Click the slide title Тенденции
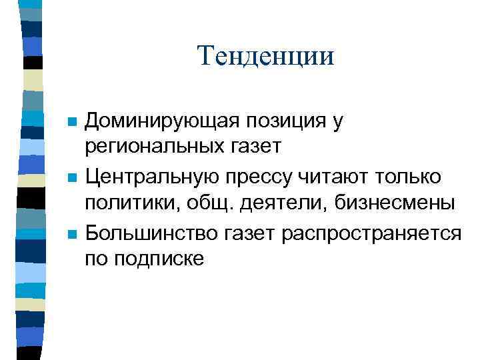[x=265, y=56]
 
